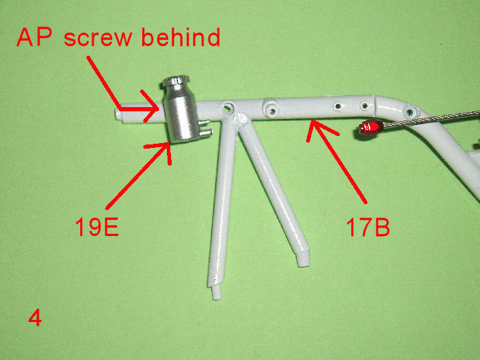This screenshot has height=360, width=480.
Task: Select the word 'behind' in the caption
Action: coord(181,37)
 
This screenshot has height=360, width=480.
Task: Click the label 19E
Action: coord(97,226)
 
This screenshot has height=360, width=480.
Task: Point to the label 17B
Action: coord(367,227)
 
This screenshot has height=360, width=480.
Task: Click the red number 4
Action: coord(35,318)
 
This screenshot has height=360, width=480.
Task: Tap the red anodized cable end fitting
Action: coord(371,127)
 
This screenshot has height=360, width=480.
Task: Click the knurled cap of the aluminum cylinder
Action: coord(176,80)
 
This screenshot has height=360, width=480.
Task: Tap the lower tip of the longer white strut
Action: coord(217,293)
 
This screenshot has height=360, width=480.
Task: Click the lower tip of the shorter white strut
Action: coord(303,259)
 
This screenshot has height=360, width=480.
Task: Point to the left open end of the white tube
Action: coord(118,114)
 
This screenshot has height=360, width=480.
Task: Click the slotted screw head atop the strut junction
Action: coord(241,119)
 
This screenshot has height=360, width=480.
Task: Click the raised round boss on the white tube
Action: coord(271,108)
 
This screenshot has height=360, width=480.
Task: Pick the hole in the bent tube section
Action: coord(410,111)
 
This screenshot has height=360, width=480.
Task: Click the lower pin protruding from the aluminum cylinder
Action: coord(206,132)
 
